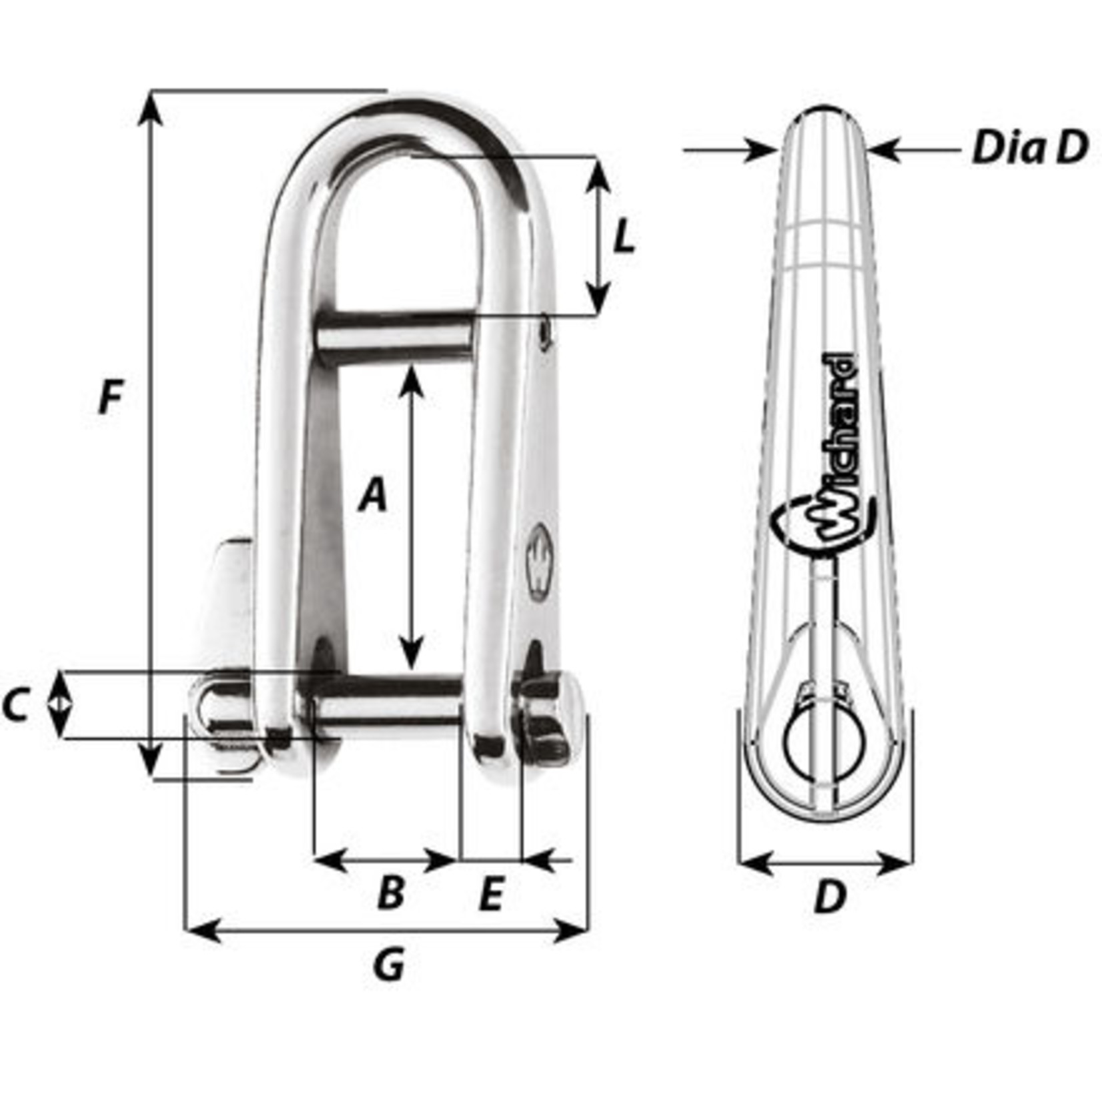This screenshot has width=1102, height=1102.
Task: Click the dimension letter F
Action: click(x=111, y=399)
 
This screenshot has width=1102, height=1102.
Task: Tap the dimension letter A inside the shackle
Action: click(x=373, y=495)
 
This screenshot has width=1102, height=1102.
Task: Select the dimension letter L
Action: click(x=624, y=237)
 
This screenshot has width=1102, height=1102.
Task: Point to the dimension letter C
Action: click(x=15, y=706)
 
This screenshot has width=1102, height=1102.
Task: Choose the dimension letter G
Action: click(x=389, y=965)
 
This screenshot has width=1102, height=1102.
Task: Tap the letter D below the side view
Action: click(x=829, y=898)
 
